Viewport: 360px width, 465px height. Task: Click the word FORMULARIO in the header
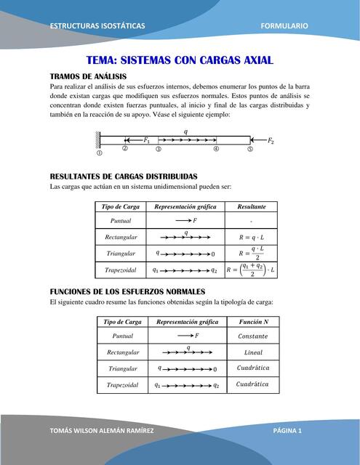tap(284, 26)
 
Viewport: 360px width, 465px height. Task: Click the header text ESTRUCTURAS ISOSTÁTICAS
tap(97, 26)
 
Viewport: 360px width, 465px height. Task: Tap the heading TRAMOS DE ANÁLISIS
tap(88, 76)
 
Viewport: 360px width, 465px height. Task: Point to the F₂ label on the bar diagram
tap(271, 140)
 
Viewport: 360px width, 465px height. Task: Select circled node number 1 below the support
tap(100, 153)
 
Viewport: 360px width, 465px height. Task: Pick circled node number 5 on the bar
tap(250, 149)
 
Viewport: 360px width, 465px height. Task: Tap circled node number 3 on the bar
tap(159, 149)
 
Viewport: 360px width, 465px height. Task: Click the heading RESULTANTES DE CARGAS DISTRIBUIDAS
tap(123, 177)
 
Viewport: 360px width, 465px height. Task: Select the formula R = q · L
tap(251, 237)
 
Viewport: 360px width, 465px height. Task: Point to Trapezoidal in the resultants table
tap(121, 270)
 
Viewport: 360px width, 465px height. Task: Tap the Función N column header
tap(253, 321)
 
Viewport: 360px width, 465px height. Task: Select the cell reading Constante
tap(253, 336)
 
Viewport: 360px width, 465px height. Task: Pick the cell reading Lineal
tap(253, 352)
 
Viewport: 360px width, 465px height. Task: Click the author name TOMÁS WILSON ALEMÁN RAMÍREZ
tap(101, 431)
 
